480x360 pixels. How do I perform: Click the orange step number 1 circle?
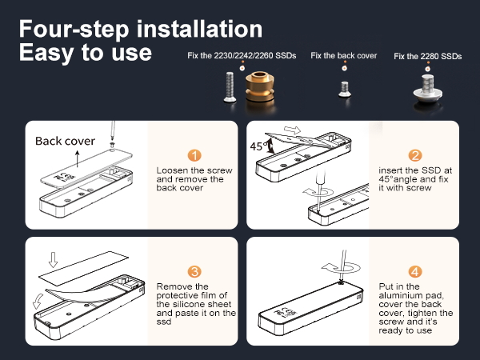point(194,155)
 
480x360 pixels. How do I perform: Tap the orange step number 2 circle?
point(415,155)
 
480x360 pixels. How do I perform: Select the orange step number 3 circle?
point(194,271)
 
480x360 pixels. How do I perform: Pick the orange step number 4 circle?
point(415,271)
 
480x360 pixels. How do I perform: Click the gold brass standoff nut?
point(259,86)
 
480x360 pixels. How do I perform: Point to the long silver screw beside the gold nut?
point(230,86)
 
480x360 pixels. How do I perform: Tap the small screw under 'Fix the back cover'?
point(345,89)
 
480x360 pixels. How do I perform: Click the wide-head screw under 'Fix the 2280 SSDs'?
point(427,88)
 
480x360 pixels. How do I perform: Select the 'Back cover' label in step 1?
point(65,141)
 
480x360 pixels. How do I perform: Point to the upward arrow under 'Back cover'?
point(78,158)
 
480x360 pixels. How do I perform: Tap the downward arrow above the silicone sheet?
point(54,259)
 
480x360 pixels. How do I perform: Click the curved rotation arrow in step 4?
point(341,268)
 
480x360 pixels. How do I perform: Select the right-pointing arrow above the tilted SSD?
point(292,130)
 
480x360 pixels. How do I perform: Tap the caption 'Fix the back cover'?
point(343,56)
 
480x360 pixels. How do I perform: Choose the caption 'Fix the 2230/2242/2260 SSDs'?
point(242,56)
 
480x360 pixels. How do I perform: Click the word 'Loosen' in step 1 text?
point(171,170)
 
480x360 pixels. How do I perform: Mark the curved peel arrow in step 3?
point(38,302)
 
